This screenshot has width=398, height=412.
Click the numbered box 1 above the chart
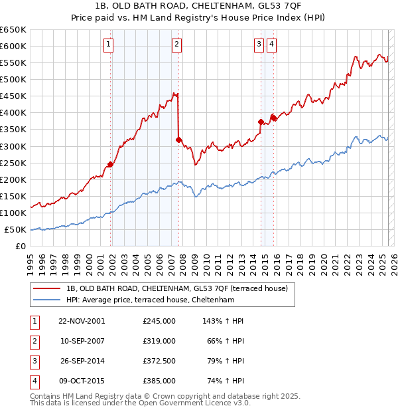point(108,45)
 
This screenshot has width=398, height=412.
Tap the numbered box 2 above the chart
point(176,45)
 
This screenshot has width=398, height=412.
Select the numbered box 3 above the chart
point(258,45)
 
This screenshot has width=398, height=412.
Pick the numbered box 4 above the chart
point(272,45)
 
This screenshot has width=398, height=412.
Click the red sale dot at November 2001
point(111,164)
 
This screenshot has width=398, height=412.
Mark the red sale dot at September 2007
point(178,140)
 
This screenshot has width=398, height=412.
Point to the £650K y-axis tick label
point(13,30)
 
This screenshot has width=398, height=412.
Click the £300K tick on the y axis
point(13,146)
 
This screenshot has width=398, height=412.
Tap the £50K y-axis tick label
point(16,230)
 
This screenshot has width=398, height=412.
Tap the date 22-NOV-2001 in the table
point(82,321)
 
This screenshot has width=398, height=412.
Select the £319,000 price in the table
point(159,341)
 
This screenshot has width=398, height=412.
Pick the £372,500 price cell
point(159,361)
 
